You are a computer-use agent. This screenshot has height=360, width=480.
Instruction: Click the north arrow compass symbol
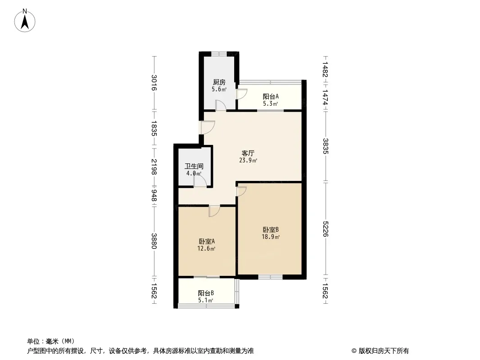tap(25, 21)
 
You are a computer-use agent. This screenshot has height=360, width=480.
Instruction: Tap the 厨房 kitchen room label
tap(219, 82)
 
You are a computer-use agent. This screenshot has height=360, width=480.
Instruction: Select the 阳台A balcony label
tap(271, 97)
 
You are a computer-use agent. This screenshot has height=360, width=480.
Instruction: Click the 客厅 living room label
tap(248, 153)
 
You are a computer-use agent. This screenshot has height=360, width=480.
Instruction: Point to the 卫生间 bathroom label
tap(194, 166)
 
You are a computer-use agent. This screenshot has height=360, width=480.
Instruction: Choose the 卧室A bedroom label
tap(206, 241)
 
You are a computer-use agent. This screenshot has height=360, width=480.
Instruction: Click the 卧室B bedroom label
tap(271, 229)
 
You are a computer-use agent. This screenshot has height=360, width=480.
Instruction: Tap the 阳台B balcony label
tap(206, 293)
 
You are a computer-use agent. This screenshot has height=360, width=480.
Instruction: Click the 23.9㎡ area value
tap(248, 160)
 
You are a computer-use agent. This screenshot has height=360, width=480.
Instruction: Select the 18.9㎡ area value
tap(271, 237)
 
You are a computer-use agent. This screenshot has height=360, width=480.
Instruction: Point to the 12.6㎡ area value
tap(206, 248)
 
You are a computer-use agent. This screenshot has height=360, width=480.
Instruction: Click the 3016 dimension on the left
tap(154, 83)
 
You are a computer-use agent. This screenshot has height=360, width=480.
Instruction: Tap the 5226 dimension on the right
tap(325, 229)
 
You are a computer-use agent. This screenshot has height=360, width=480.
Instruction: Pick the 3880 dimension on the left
tap(154, 241)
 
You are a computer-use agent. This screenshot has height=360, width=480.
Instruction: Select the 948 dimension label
tap(154, 196)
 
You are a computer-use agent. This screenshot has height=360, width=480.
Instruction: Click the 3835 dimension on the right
tap(325, 146)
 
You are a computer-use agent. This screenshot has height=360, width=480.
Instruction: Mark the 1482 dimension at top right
tap(325, 70)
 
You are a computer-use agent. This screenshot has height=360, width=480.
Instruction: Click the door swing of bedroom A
tap(214, 211)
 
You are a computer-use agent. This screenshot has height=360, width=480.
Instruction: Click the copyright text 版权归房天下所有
tap(384, 351)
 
